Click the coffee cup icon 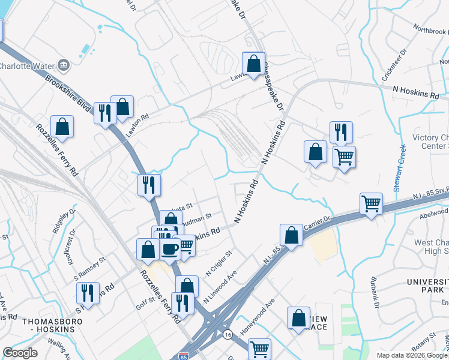pyautogui.click(x=169, y=248)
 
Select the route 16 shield pyautogui.click(x=228, y=334)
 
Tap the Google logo pyautogui.click(x=20, y=353)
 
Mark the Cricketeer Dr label pyautogui.click(x=395, y=63)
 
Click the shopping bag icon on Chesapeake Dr pyautogui.click(x=253, y=63)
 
